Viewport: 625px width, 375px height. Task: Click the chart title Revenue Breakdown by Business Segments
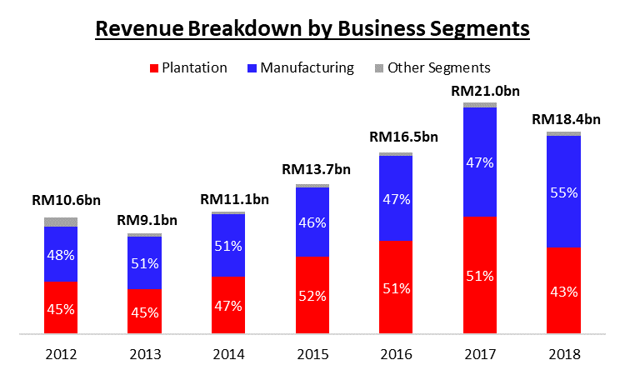312,28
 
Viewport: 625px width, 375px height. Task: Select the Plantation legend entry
187,67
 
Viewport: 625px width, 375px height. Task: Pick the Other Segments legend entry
431,67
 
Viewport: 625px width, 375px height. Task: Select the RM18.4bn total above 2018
566,119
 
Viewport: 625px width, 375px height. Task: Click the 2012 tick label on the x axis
61,354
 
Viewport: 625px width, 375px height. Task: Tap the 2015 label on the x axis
312,354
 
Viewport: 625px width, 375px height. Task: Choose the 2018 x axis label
564,354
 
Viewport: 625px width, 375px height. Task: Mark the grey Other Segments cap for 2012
61,222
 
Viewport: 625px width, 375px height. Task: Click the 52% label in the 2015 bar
312,295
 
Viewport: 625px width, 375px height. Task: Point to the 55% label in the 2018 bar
564,191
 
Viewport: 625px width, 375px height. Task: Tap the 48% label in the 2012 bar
61,254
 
